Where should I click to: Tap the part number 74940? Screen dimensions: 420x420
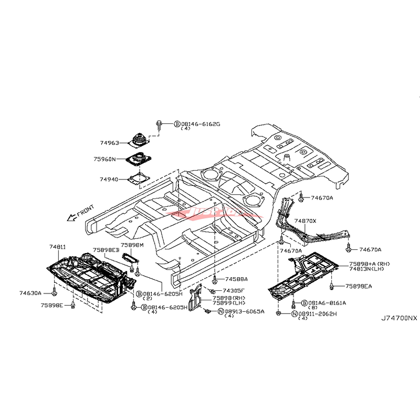click(x=109, y=179)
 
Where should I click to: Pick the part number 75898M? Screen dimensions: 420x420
click(x=132, y=245)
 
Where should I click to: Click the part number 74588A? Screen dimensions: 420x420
click(x=237, y=279)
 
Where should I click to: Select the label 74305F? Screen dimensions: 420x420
click(x=234, y=290)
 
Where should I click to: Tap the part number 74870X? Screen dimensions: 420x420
click(x=305, y=221)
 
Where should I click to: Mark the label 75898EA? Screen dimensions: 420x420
click(x=359, y=286)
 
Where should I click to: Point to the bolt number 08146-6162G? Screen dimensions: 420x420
click(x=201, y=124)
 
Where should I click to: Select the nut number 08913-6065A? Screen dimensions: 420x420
click(x=245, y=311)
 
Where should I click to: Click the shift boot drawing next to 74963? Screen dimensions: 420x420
click(x=139, y=141)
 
